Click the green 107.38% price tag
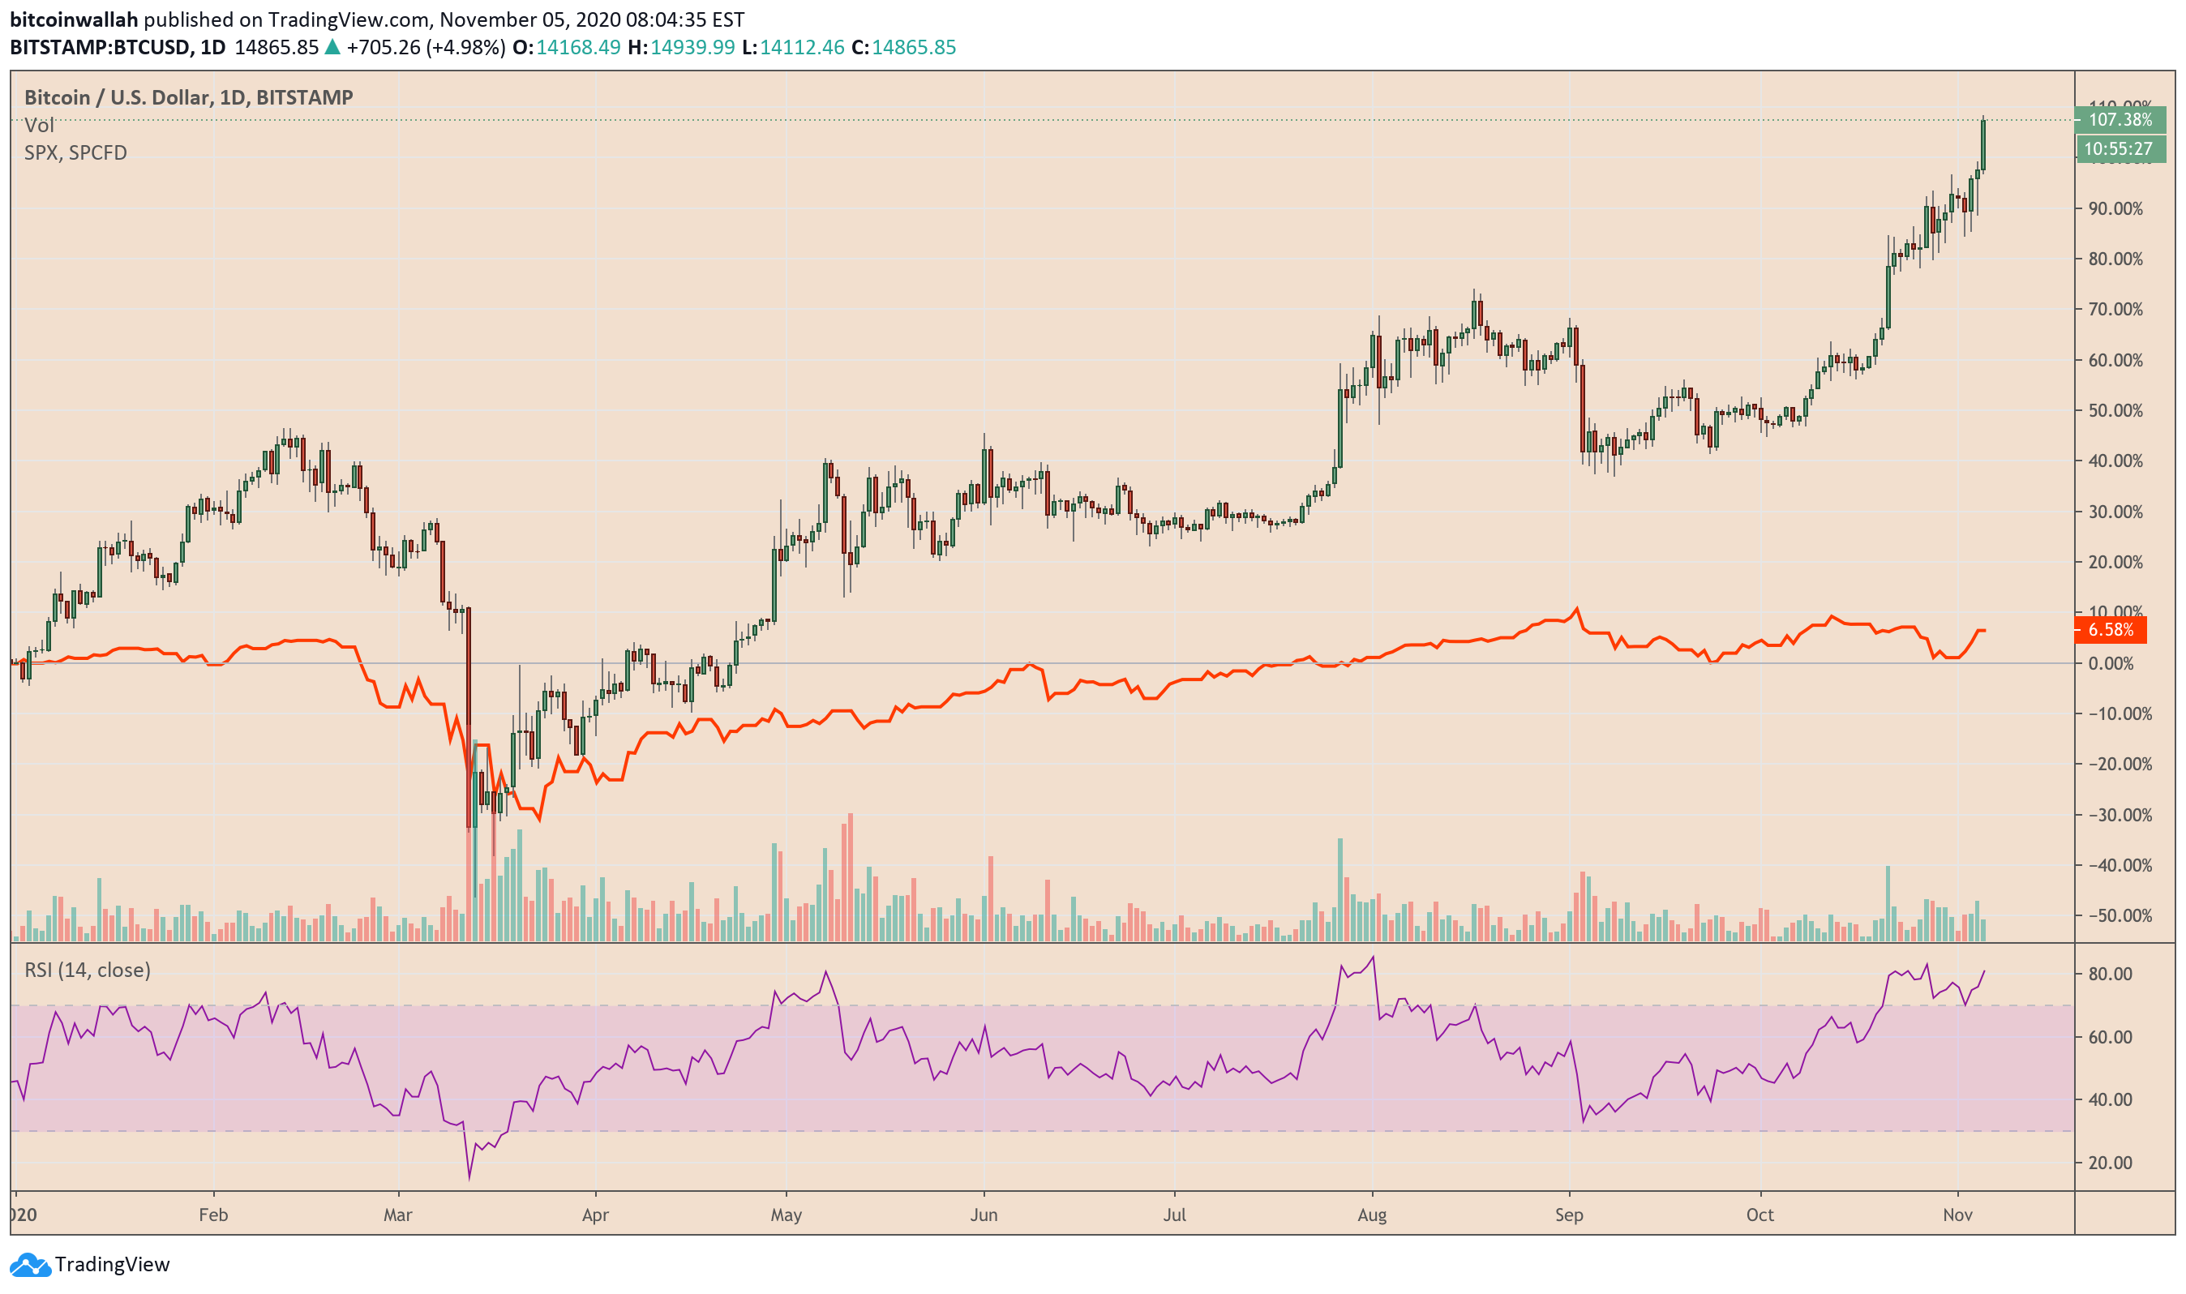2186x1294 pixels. coord(2120,119)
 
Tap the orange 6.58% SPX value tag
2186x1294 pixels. coord(2110,629)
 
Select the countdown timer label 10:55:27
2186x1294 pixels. coord(2120,149)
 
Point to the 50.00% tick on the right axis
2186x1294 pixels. coord(2115,411)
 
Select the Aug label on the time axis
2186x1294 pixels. coord(1372,1215)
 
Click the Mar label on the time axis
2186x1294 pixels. coord(397,1215)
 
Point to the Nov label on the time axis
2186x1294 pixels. coord(1957,1215)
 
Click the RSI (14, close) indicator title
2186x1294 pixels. coord(88,970)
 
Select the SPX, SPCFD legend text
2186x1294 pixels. coord(76,152)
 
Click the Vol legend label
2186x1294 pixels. coord(38,126)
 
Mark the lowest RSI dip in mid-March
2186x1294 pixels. coord(469,1179)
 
